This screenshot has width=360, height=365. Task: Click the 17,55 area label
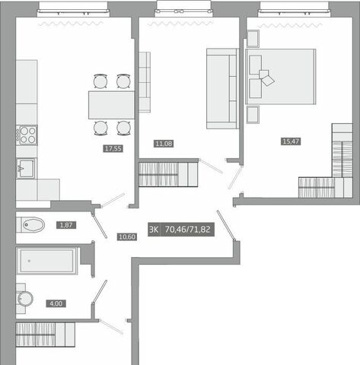[x=113, y=148]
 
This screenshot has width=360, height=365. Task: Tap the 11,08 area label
[x=164, y=144]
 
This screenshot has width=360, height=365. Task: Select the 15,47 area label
[x=291, y=141]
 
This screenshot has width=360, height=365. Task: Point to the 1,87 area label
[x=66, y=225]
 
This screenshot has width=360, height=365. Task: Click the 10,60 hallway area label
[x=127, y=237]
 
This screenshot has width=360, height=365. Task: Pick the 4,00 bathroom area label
[x=56, y=303]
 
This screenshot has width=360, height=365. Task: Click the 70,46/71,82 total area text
[x=187, y=230]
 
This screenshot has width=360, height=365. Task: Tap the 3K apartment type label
[x=154, y=230]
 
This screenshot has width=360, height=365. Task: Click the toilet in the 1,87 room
[x=30, y=224]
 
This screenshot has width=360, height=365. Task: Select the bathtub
[x=47, y=261]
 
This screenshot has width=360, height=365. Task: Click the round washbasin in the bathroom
[x=25, y=299]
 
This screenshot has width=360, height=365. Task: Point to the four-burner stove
[x=27, y=135]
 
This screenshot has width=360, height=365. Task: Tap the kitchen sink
[x=26, y=168]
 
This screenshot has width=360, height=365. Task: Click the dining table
[x=111, y=105]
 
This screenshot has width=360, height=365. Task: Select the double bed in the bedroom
[x=281, y=77]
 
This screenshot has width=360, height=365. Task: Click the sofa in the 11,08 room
[x=222, y=89]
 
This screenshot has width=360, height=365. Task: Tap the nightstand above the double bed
[x=253, y=39]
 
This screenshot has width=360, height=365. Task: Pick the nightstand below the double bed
[x=253, y=115]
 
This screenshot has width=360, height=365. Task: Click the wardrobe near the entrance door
[x=46, y=335]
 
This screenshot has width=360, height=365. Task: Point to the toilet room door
[x=100, y=226]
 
